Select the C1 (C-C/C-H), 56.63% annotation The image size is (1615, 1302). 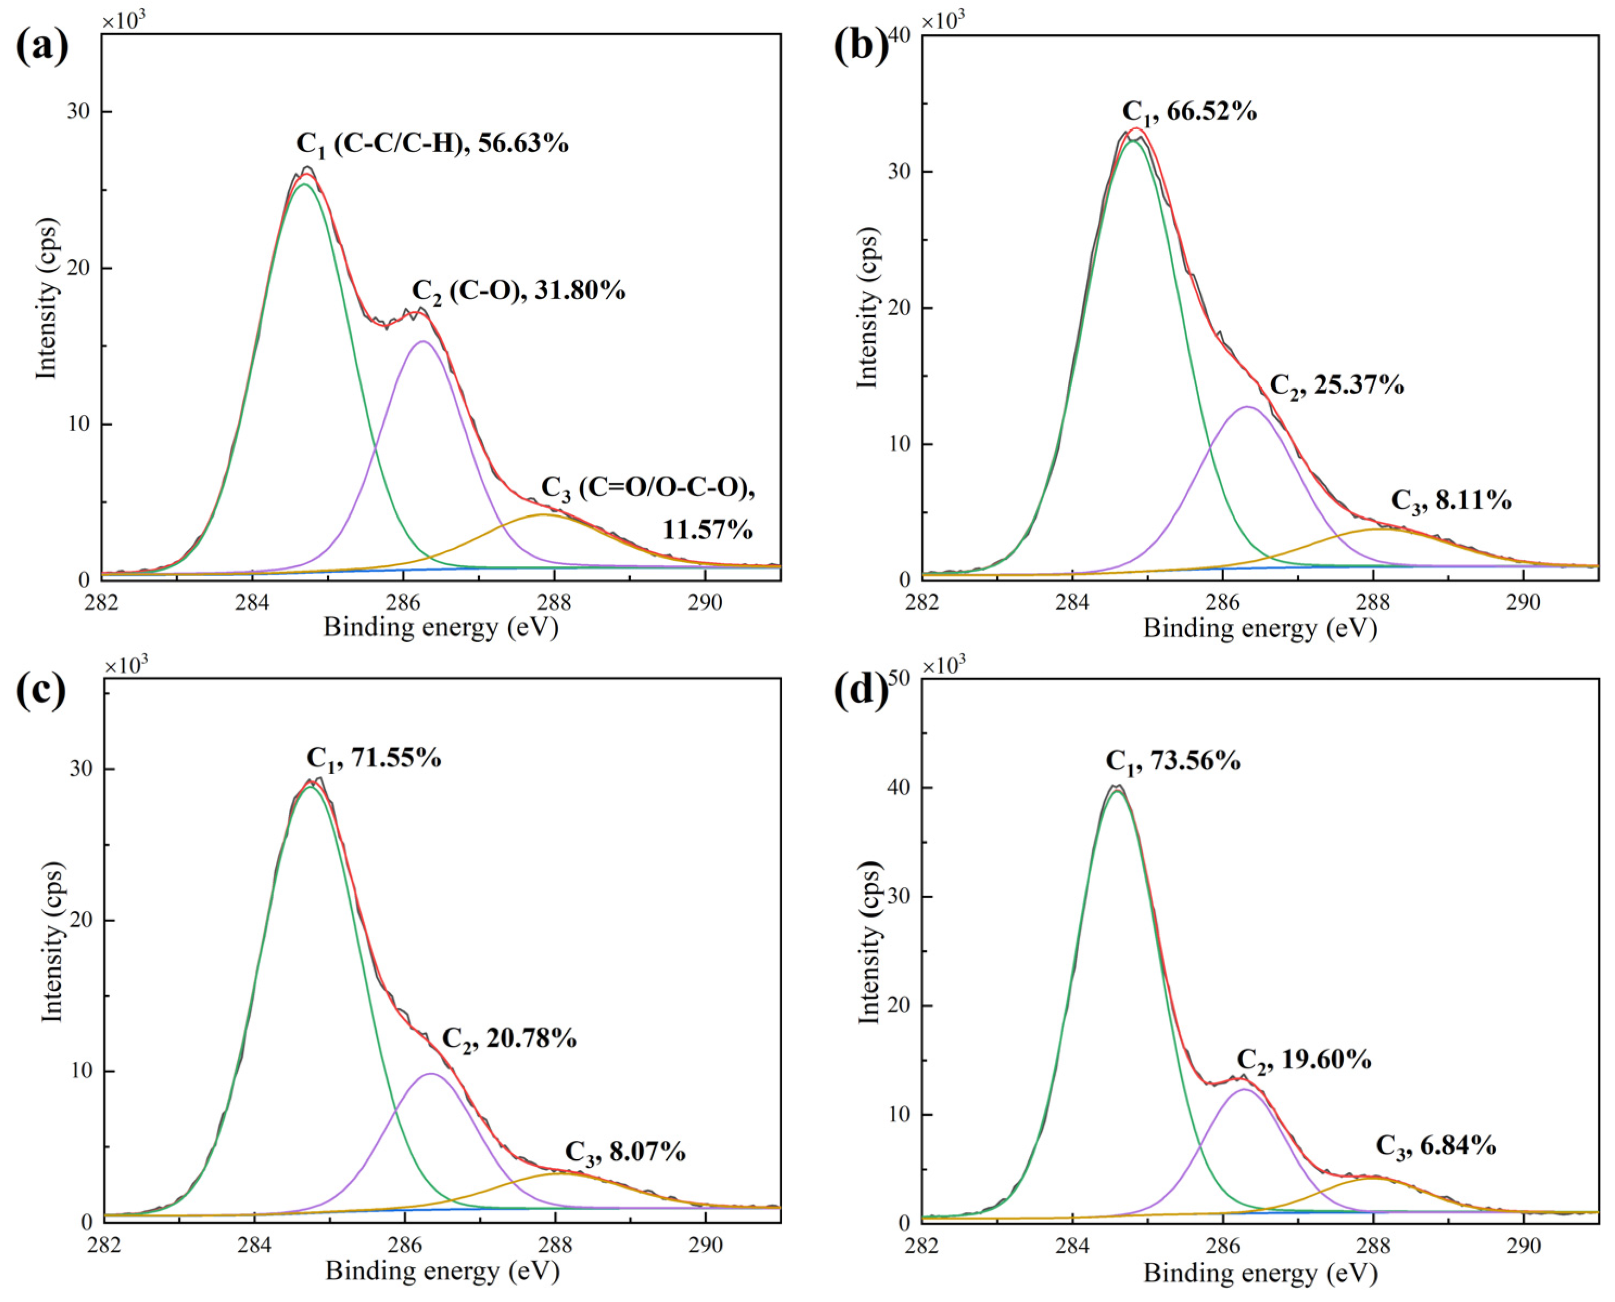[x=433, y=143]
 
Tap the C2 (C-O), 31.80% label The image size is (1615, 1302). [x=518, y=291]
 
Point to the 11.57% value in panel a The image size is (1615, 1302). [x=706, y=530]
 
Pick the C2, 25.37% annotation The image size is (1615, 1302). [x=1336, y=385]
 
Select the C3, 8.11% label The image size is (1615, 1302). [x=1451, y=500]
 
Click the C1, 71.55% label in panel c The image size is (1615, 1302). [x=373, y=759]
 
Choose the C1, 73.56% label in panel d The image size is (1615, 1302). [x=1173, y=761]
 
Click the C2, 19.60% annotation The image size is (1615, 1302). [x=1304, y=1060]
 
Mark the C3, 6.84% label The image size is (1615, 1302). [x=1436, y=1167]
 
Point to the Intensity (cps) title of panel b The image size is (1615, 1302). [x=867, y=307]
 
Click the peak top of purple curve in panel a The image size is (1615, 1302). [x=423, y=342]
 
